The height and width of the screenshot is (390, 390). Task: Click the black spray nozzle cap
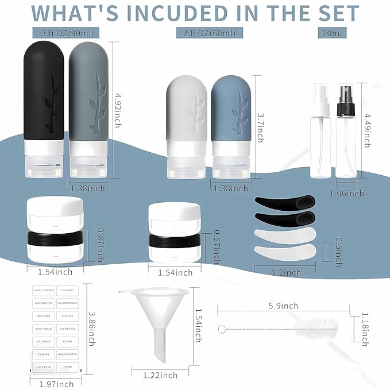click(x=346, y=90)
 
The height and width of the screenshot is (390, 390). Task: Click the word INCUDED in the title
click(x=185, y=13)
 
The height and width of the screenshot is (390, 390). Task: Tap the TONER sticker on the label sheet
click(x=67, y=367)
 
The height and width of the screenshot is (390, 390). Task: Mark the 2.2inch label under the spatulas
click(x=285, y=272)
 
